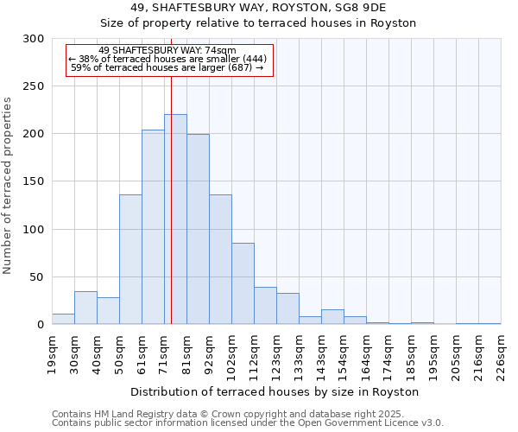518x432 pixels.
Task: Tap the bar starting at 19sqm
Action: click(63, 319)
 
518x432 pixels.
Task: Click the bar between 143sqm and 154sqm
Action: click(332, 316)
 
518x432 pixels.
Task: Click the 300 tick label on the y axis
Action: click(34, 39)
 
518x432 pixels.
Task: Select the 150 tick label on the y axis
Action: click(34, 182)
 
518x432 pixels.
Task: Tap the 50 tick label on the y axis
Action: click(37, 277)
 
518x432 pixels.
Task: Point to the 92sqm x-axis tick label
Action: click(209, 353)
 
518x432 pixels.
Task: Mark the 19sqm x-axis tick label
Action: click(52, 353)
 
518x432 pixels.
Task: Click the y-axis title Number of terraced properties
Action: click(8, 186)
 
